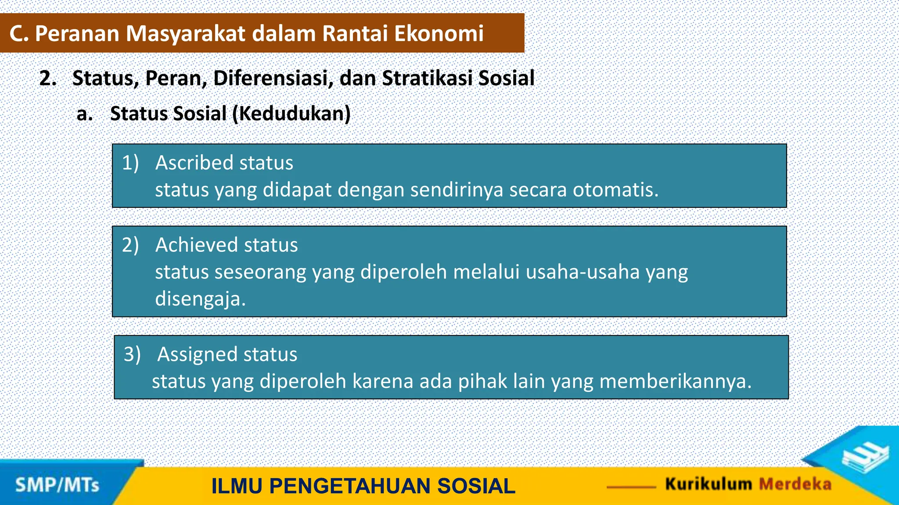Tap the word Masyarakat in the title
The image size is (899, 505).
[185, 34]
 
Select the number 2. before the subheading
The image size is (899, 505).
[48, 78]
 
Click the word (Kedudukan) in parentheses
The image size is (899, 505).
[291, 114]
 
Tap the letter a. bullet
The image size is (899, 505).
[84, 114]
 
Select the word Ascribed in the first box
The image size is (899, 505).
[194, 163]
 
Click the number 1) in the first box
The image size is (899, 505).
[130, 163]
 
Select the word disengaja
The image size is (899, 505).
[200, 299]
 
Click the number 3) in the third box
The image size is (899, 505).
[132, 354]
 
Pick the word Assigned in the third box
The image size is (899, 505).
[196, 354]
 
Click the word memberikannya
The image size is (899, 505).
[675, 381]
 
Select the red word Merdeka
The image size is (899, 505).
[795, 484]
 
